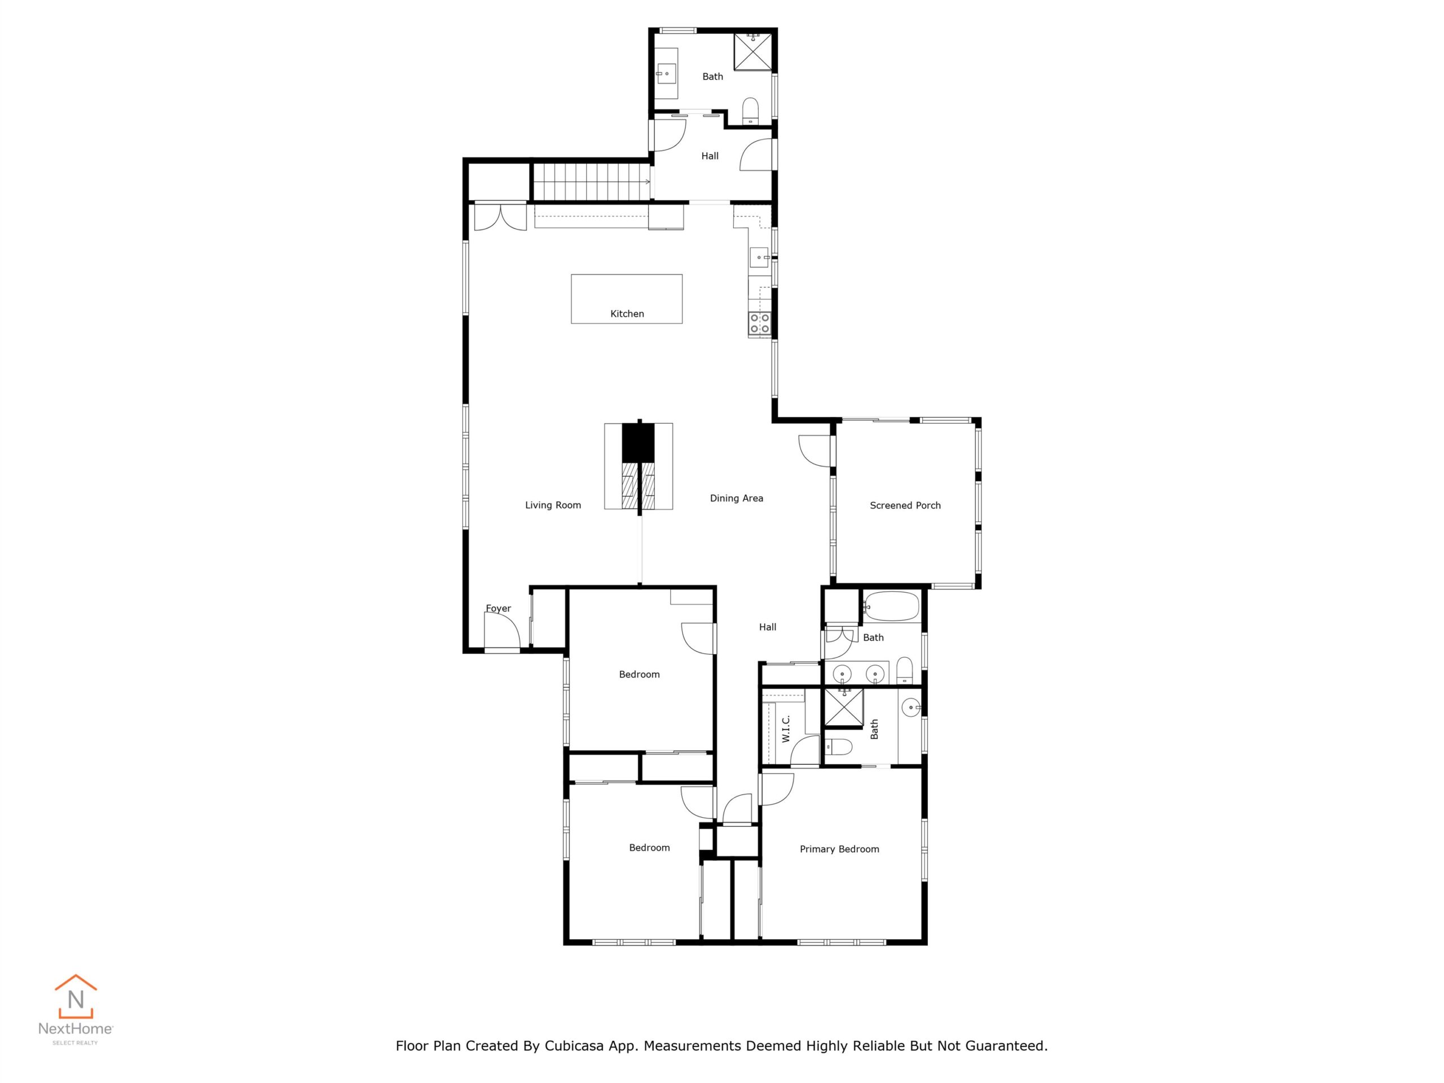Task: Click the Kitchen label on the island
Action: (627, 314)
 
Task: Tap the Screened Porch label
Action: (905, 505)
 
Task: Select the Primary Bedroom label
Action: (839, 849)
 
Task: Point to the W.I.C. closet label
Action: (786, 729)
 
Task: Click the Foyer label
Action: (498, 609)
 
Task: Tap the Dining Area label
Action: (736, 498)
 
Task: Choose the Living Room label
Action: (553, 505)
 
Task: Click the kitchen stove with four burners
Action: (759, 324)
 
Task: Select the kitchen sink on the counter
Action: (759, 257)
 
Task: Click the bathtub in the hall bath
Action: (891, 606)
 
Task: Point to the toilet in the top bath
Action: (751, 111)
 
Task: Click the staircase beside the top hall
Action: (591, 182)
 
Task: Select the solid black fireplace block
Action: (638, 443)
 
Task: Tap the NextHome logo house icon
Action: (76, 996)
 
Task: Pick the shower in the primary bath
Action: (844, 707)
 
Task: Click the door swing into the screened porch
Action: (815, 451)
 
